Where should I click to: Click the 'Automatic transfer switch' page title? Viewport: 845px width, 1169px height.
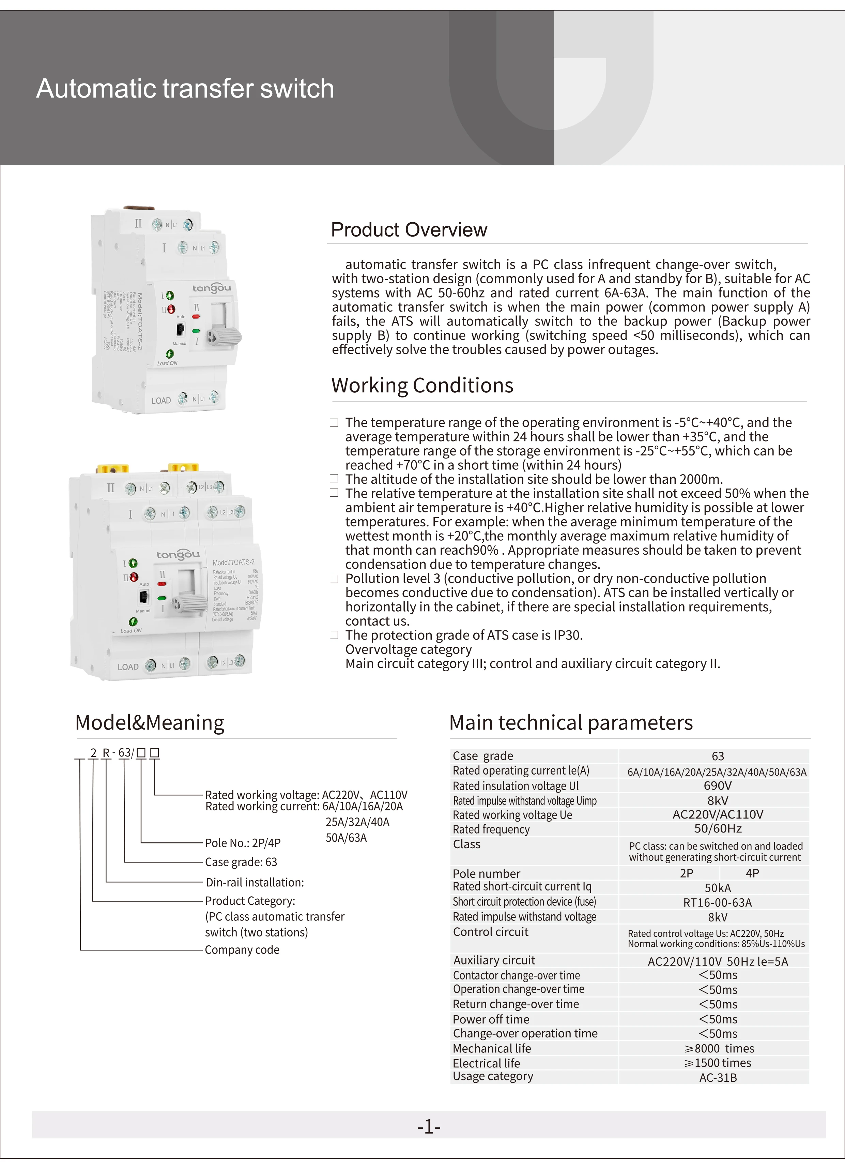[x=185, y=89]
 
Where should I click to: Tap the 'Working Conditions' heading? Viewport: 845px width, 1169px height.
[x=422, y=386]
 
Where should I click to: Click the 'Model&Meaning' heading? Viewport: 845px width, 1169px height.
[x=150, y=723]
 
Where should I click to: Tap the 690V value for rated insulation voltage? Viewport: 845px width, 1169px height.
[x=717, y=786]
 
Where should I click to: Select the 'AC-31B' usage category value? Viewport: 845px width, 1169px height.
[x=718, y=1078]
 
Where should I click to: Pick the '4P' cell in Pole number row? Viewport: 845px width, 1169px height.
[x=752, y=873]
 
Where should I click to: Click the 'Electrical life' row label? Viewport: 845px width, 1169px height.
[x=487, y=1063]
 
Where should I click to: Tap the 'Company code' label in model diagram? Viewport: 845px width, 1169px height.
[x=242, y=950]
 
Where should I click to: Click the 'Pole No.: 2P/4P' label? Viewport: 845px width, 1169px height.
[x=243, y=843]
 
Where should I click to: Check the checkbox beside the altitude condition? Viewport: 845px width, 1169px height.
[x=334, y=479]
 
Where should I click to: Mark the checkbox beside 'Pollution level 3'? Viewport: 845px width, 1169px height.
[x=334, y=579]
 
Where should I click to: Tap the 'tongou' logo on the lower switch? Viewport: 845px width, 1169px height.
[x=178, y=555]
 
